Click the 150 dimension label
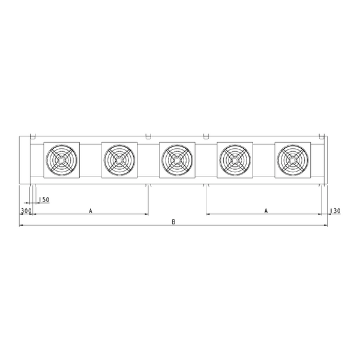click(x=44, y=200)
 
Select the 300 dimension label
click(x=26, y=211)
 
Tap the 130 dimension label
click(x=335, y=211)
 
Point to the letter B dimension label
click(x=173, y=222)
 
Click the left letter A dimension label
click(x=91, y=211)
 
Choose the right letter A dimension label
click(x=266, y=211)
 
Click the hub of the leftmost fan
click(x=62, y=160)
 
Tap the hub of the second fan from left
click(x=119, y=160)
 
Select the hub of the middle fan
click(x=177, y=160)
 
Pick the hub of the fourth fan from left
click(x=235, y=160)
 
